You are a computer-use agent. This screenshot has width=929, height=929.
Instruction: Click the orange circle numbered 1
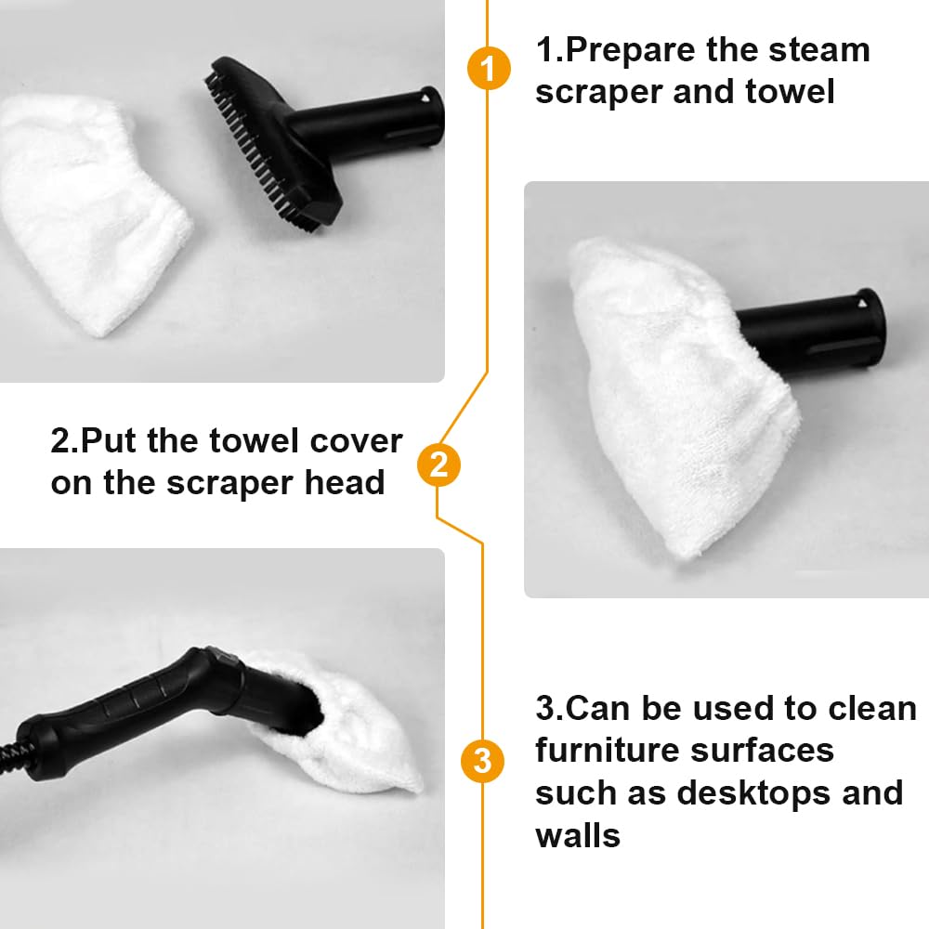pyautogui.click(x=489, y=68)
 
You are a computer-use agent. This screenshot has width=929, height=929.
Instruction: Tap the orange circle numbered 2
pyautogui.click(x=438, y=464)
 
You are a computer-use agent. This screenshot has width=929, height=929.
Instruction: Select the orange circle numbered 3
pyautogui.click(x=482, y=761)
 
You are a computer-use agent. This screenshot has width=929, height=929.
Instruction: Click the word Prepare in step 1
pyautogui.click(x=631, y=51)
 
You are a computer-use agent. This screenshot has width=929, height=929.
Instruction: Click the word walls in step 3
pyautogui.click(x=578, y=835)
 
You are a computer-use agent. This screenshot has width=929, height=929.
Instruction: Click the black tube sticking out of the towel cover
pyautogui.click(x=812, y=329)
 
